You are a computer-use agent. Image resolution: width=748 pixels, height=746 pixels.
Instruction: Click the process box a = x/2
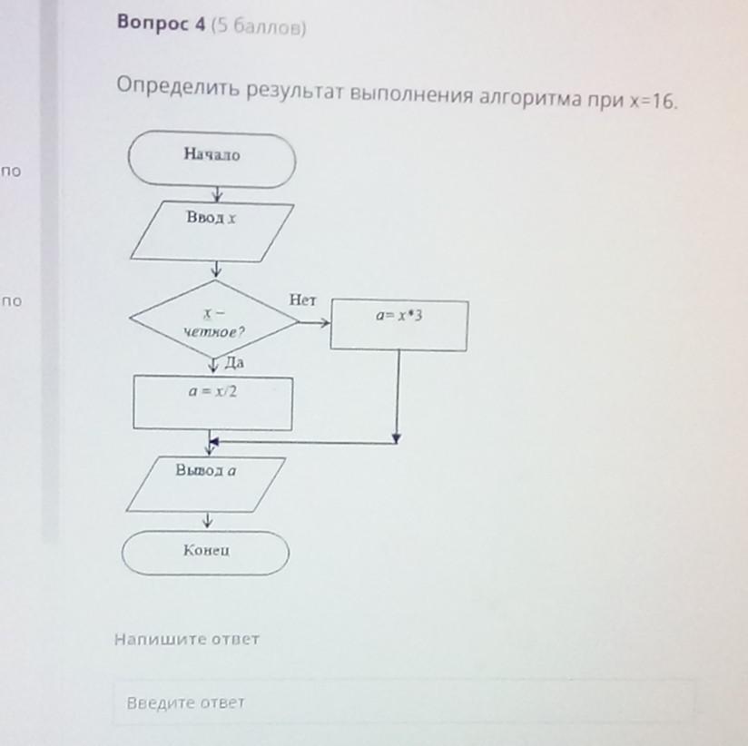(x=213, y=403)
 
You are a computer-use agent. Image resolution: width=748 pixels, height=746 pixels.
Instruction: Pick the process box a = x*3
(x=399, y=324)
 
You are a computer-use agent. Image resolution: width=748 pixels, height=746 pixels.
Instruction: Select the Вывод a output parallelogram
(x=205, y=484)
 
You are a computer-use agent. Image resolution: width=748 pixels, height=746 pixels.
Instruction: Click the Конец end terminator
(x=205, y=553)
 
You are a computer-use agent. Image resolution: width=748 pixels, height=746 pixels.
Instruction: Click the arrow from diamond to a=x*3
(x=314, y=321)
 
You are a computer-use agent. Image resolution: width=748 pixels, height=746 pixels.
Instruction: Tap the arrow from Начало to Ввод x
(x=216, y=194)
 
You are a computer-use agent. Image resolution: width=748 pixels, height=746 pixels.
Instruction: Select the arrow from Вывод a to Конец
(x=208, y=520)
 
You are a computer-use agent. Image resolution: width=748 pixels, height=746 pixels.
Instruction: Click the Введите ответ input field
(x=405, y=702)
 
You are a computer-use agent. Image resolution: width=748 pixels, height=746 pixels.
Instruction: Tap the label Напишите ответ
(x=187, y=639)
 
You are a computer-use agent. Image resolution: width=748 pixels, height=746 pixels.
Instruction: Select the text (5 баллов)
(x=259, y=27)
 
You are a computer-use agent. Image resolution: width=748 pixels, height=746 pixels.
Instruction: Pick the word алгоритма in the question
(x=530, y=97)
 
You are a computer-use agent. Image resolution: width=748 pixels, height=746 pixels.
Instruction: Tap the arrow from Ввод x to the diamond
(x=216, y=270)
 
